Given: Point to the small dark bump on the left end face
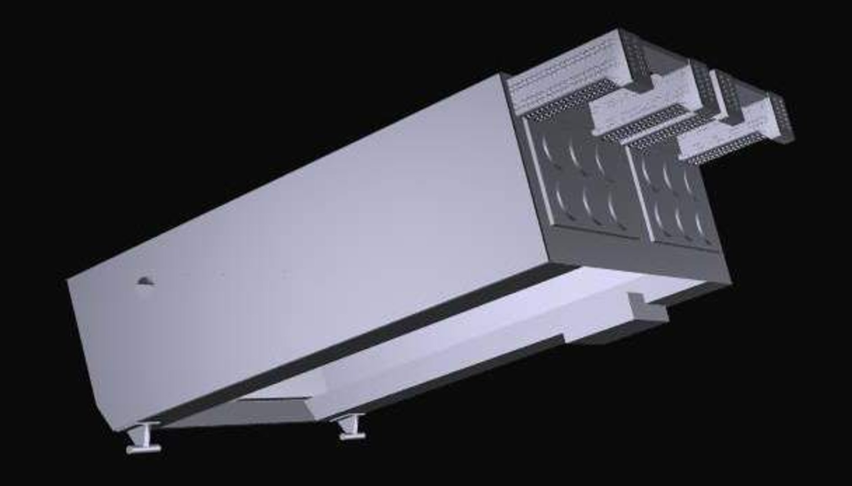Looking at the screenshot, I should [145, 281].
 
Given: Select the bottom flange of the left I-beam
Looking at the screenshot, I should [144, 449].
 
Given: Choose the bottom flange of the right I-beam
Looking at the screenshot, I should [352, 436].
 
